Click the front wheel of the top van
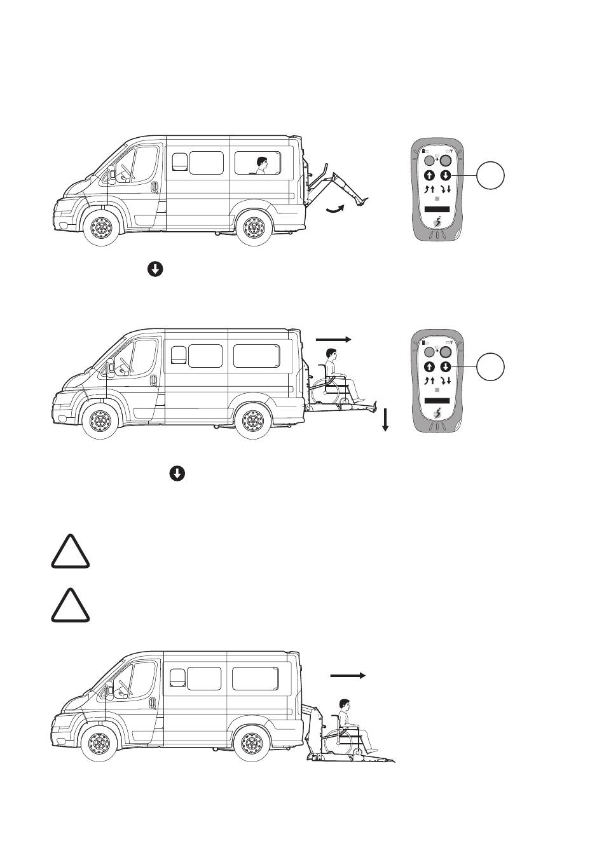point(99,226)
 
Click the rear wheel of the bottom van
point(253,741)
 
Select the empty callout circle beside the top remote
point(491,176)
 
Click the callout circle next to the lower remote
point(491,366)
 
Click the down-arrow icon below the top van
point(155,269)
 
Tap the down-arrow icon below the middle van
point(177,474)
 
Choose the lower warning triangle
point(71,606)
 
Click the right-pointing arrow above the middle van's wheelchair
point(333,340)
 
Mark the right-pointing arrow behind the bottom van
point(348,676)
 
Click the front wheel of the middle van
point(99,420)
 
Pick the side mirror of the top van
point(112,171)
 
